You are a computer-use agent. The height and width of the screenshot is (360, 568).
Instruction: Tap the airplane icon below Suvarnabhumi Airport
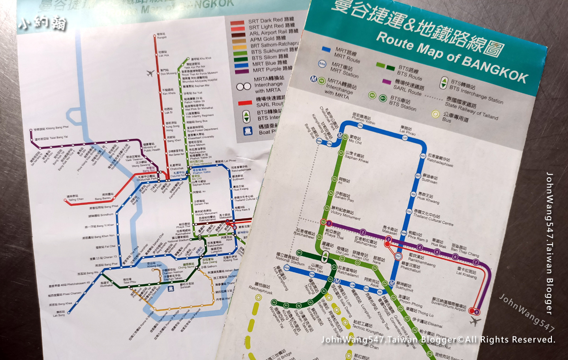(475, 322)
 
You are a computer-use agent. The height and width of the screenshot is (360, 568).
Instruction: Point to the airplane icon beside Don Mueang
(151, 73)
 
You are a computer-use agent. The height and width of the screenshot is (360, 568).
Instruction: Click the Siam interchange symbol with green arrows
(325, 257)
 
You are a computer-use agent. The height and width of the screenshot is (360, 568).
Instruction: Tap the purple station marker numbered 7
(476, 262)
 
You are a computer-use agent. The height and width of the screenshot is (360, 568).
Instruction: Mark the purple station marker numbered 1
(328, 222)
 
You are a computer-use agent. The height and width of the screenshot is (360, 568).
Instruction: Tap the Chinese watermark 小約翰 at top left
(42, 24)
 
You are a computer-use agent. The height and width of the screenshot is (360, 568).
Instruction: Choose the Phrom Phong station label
(410, 304)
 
